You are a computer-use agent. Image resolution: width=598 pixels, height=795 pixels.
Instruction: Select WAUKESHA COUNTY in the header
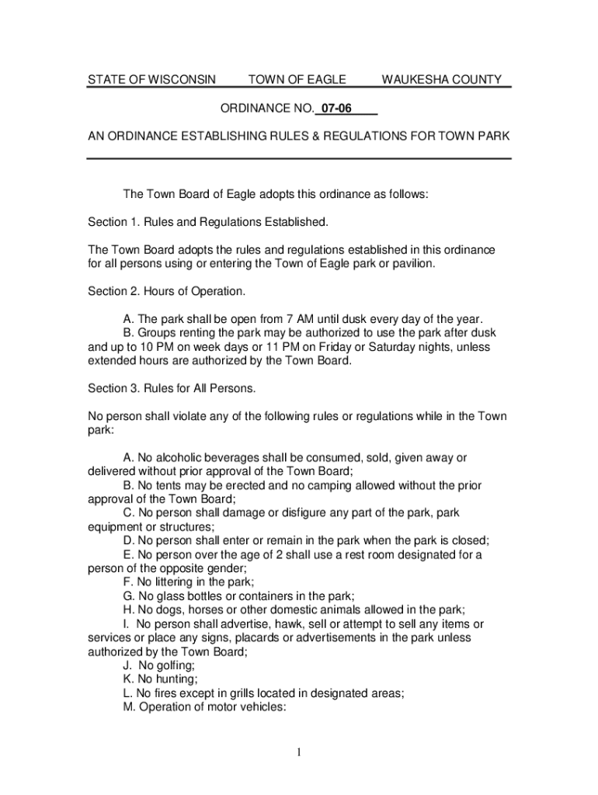pyautogui.click(x=441, y=80)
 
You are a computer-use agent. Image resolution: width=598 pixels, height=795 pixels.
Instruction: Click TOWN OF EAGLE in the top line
pyautogui.click(x=297, y=80)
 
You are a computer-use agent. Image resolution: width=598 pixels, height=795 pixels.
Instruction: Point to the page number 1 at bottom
pyautogui.click(x=299, y=752)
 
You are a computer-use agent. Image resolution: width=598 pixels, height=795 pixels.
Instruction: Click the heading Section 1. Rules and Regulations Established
pyautogui.click(x=208, y=222)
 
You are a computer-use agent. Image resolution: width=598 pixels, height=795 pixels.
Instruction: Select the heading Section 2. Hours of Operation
pyautogui.click(x=166, y=291)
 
